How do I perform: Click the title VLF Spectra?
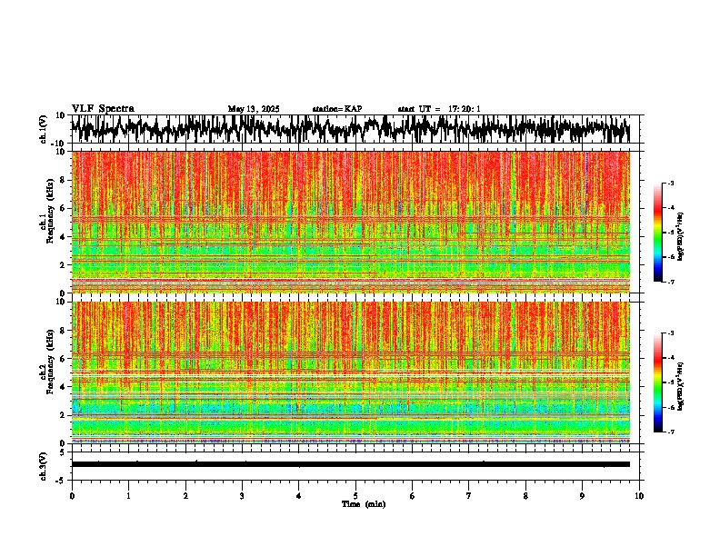click(103, 109)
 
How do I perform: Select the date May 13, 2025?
click(254, 109)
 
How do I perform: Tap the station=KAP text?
click(337, 109)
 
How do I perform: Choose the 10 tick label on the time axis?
click(639, 496)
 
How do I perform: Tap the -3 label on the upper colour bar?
click(669, 184)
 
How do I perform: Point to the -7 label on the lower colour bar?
click(669, 432)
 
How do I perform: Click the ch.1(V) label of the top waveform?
click(43, 129)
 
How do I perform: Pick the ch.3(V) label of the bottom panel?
click(43, 463)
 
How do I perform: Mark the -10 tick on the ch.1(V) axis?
click(56, 144)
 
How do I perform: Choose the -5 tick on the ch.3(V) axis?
click(60, 479)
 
